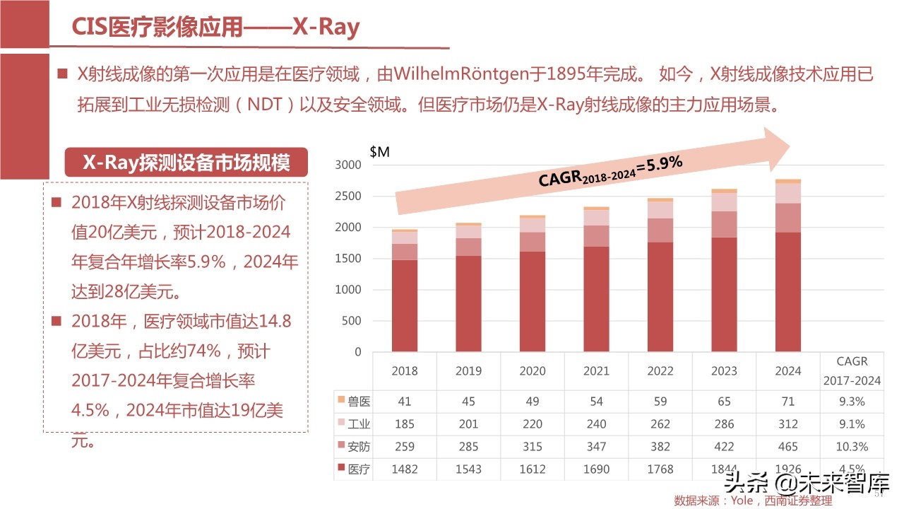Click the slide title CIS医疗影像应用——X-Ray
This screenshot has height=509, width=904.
(215, 28)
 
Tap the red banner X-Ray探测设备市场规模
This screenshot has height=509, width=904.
(186, 163)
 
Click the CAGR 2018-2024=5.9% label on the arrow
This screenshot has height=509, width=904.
(610, 171)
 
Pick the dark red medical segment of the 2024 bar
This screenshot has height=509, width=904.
(788, 291)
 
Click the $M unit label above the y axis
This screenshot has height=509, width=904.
(379, 151)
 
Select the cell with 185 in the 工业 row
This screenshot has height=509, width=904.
(405, 424)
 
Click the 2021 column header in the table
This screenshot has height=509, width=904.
(596, 370)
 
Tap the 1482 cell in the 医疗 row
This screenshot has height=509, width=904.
(405, 469)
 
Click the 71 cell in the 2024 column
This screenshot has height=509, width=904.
(788, 402)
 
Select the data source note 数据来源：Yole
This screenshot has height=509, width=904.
(753, 501)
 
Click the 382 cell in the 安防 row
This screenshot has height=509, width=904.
(660, 447)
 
